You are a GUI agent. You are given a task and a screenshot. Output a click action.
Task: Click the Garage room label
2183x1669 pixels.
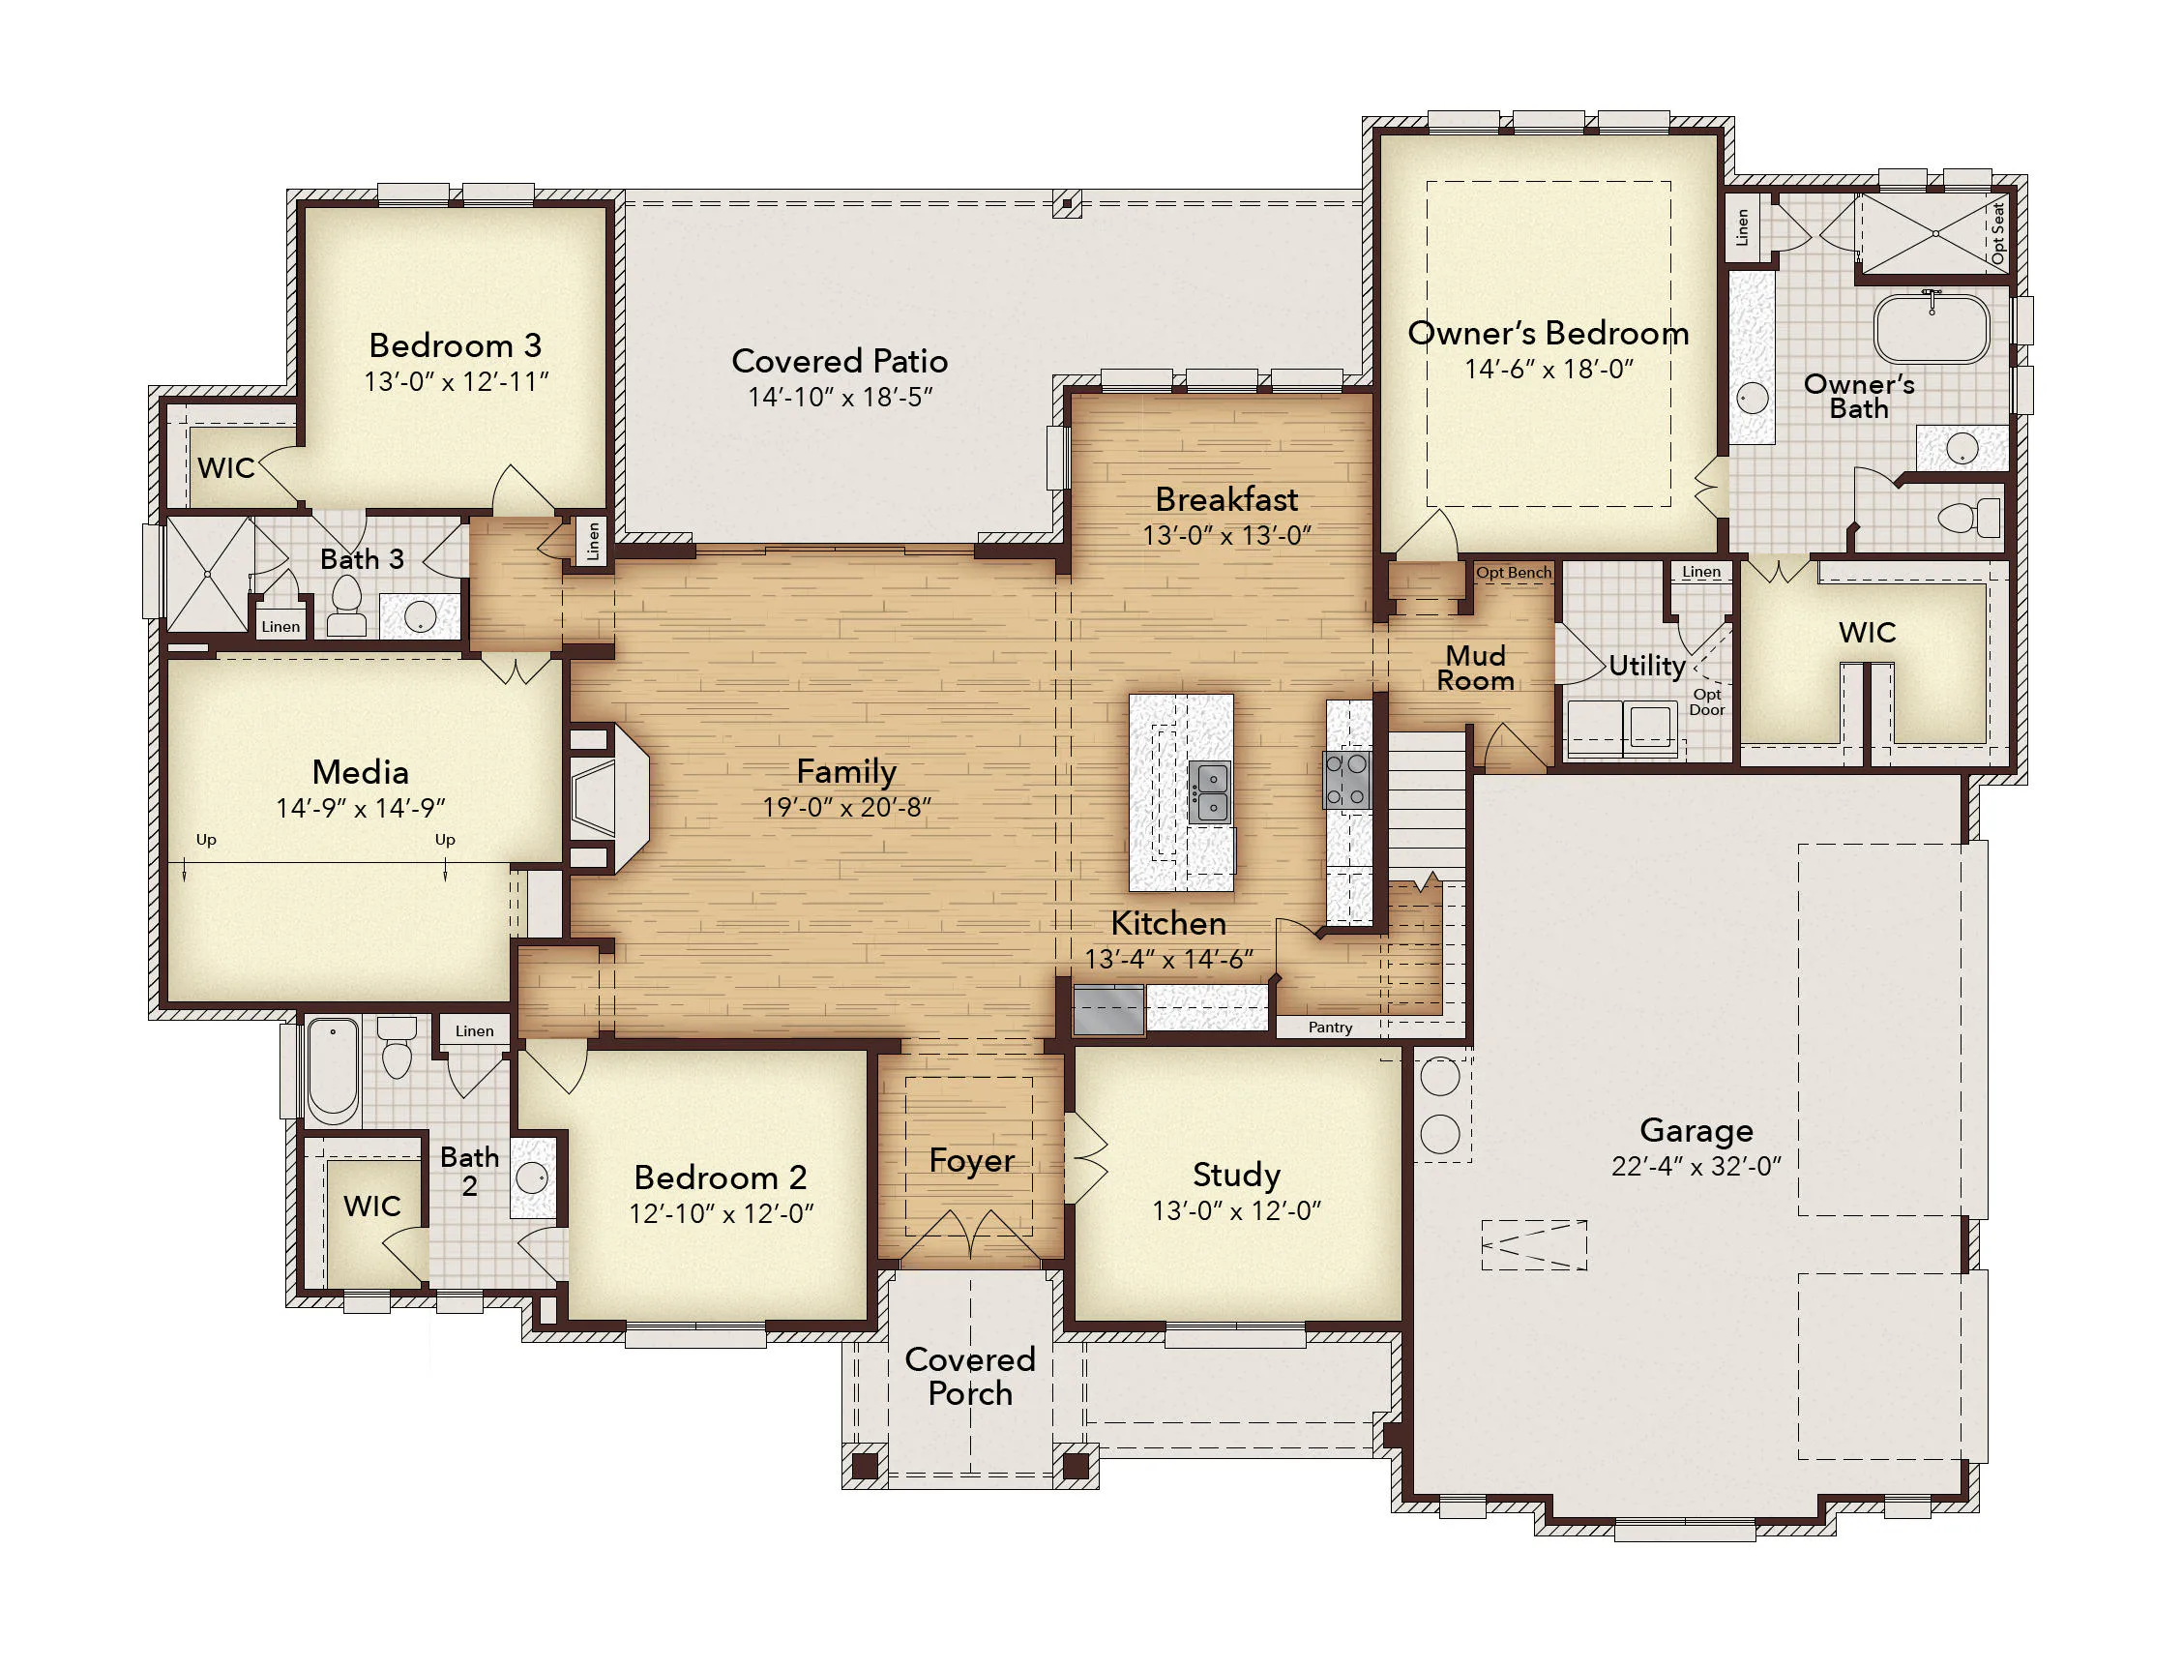point(1696,1129)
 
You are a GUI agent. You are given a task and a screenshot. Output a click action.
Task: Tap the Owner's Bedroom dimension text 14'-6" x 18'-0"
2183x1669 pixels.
point(1549,369)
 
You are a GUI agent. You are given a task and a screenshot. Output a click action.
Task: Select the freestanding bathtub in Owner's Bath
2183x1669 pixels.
point(1931,328)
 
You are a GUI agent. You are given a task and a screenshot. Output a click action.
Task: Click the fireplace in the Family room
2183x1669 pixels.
point(607,798)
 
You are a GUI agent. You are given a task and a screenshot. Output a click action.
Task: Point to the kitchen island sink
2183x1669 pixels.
point(1209,791)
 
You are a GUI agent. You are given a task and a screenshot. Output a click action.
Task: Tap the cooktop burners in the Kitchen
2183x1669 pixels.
point(1346,780)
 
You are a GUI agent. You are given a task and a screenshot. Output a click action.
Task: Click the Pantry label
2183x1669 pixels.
point(1330,1028)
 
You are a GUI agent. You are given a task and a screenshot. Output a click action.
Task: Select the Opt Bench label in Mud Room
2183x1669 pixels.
point(1513,572)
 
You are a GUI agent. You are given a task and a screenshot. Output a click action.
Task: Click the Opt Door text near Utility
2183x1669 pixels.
point(1706,701)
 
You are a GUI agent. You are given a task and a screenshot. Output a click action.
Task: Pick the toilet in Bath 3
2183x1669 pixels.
point(346,607)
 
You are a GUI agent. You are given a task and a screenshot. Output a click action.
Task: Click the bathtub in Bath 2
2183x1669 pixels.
point(333,1071)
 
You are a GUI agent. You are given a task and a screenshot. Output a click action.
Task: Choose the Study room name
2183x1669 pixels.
point(1235,1175)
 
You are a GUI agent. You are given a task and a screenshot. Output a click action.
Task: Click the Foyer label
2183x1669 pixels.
point(971,1160)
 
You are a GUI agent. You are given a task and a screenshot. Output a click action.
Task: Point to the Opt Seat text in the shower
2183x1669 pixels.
point(1997,233)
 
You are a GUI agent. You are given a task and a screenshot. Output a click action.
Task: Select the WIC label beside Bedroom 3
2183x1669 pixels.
point(226,468)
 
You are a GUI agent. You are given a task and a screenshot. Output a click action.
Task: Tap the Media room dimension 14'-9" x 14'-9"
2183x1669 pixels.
point(361,808)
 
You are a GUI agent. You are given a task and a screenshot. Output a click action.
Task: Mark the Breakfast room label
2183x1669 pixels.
point(1226,498)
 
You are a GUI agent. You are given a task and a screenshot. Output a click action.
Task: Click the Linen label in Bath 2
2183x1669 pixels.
point(474,1031)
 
